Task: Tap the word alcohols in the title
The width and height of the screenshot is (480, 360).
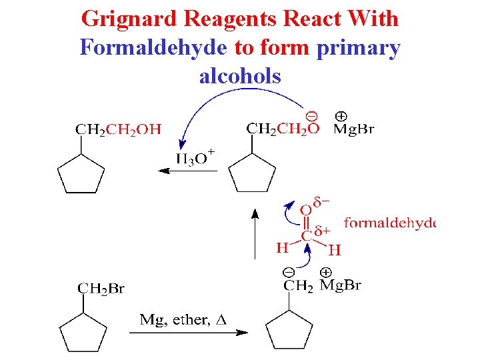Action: [240, 77]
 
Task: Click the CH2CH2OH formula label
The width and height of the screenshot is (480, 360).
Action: [119, 129]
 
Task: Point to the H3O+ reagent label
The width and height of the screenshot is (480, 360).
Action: [195, 158]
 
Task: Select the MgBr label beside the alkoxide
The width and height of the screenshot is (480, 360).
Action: [353, 129]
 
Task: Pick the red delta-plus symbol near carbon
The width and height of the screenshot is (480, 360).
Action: [323, 231]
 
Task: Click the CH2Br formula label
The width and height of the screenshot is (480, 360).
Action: [101, 288]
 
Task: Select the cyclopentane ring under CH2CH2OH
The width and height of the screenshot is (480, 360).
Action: [81, 175]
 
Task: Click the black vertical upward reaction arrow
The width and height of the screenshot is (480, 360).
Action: [254, 233]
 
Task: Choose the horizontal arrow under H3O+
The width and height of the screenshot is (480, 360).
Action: [187, 171]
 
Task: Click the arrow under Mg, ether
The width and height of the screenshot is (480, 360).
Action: [188, 332]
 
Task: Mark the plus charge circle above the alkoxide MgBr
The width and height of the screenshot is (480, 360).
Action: [340, 115]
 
